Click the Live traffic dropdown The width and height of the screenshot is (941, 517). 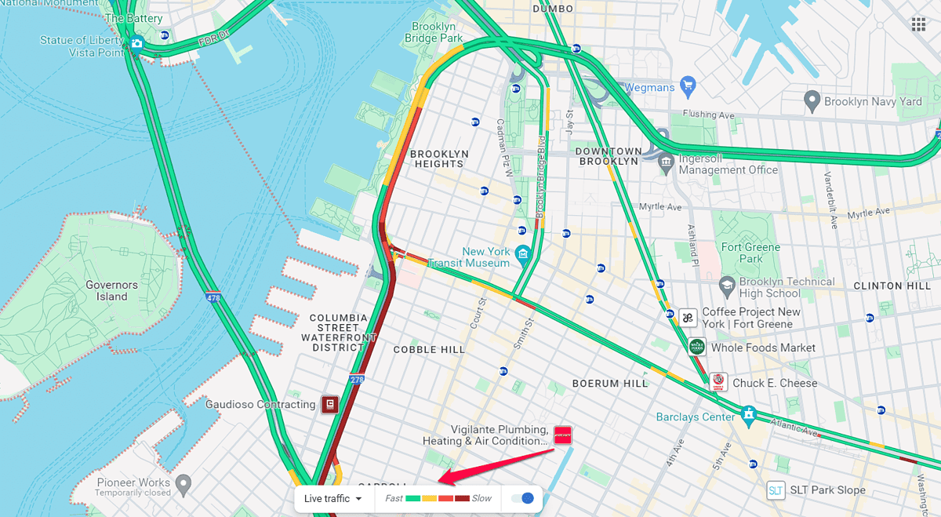tap(332, 498)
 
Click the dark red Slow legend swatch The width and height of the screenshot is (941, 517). tap(462, 498)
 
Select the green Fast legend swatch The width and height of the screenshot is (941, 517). tap(413, 498)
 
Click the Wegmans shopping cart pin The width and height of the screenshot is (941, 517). tap(688, 85)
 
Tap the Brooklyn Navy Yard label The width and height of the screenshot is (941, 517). tap(873, 101)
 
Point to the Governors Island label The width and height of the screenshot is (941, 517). tap(111, 291)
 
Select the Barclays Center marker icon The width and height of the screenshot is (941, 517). tap(748, 413)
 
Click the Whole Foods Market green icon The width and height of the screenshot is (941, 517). tap(696, 347)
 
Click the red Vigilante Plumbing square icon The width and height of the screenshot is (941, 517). tap(562, 435)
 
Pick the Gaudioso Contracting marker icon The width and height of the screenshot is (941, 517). tap(329, 404)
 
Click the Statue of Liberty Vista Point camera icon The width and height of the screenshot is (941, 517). tap(137, 43)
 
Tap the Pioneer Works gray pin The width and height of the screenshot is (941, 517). tap(183, 482)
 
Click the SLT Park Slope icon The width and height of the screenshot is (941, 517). tap(776, 490)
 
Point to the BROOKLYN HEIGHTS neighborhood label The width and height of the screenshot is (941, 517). tap(439, 158)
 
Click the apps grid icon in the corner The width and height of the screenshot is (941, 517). tap(917, 24)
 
